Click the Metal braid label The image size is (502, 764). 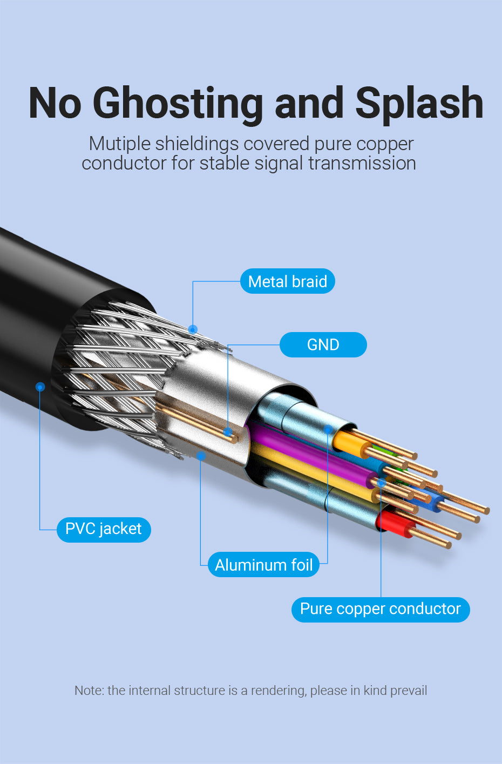coord(287,281)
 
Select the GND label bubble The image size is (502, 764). coord(323,344)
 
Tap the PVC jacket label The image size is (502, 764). coord(103,529)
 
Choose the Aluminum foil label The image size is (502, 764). coord(263,565)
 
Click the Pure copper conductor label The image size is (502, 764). coord(380,609)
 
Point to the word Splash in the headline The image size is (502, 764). coord(419,104)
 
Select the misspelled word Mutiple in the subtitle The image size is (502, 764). coord(119,144)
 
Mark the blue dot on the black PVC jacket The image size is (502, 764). coord(40,387)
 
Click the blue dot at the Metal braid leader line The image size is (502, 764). coord(193,329)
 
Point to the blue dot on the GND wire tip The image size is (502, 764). coord(228,432)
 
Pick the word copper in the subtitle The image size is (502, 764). coord(385,144)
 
